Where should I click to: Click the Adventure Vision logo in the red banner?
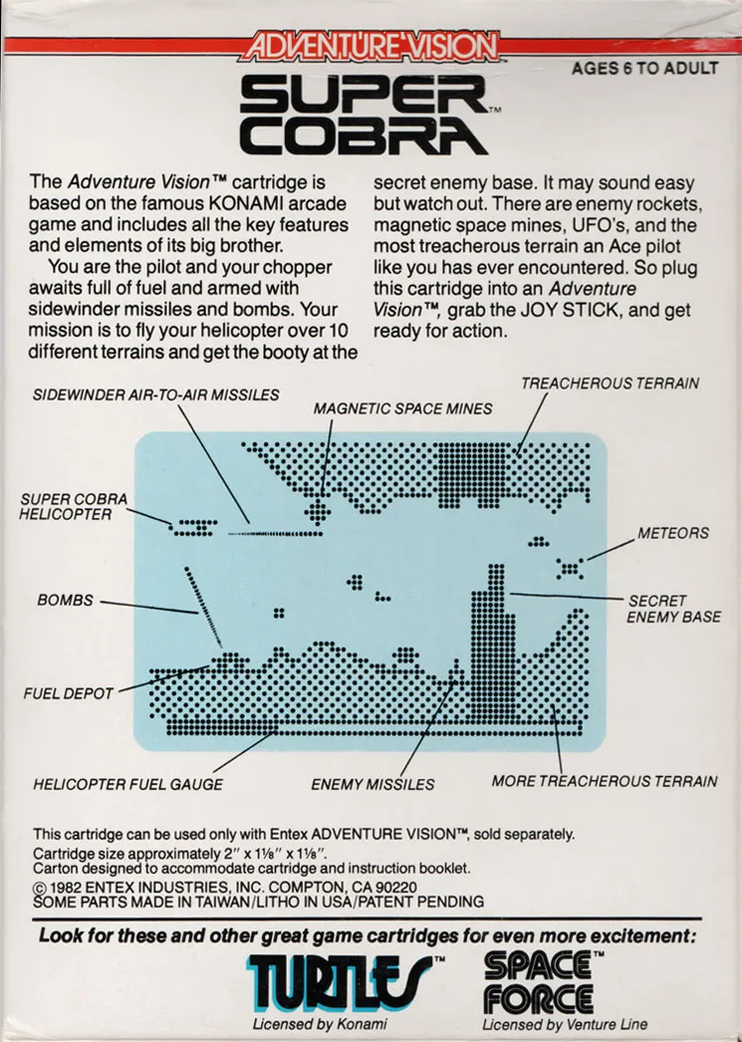371,46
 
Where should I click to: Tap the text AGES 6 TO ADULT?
645,68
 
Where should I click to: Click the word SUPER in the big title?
364,94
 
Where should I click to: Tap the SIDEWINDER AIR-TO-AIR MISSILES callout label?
156,394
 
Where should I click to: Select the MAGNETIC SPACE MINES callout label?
403,408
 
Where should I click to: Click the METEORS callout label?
673,533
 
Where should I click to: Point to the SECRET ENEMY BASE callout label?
674,609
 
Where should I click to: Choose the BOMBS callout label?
65,600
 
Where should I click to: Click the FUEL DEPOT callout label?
68,694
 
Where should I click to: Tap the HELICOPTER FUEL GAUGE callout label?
129,784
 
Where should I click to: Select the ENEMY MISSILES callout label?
372,785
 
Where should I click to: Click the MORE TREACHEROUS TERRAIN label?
604,781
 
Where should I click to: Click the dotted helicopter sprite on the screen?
193,527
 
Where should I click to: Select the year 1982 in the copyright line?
65,888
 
